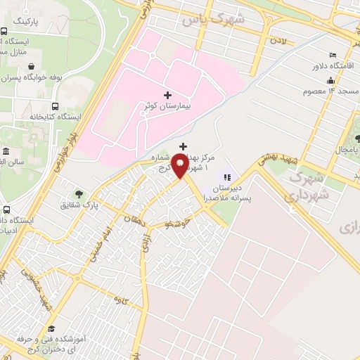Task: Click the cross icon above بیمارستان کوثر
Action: (x=167, y=95)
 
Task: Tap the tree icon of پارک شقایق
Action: (x=78, y=194)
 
